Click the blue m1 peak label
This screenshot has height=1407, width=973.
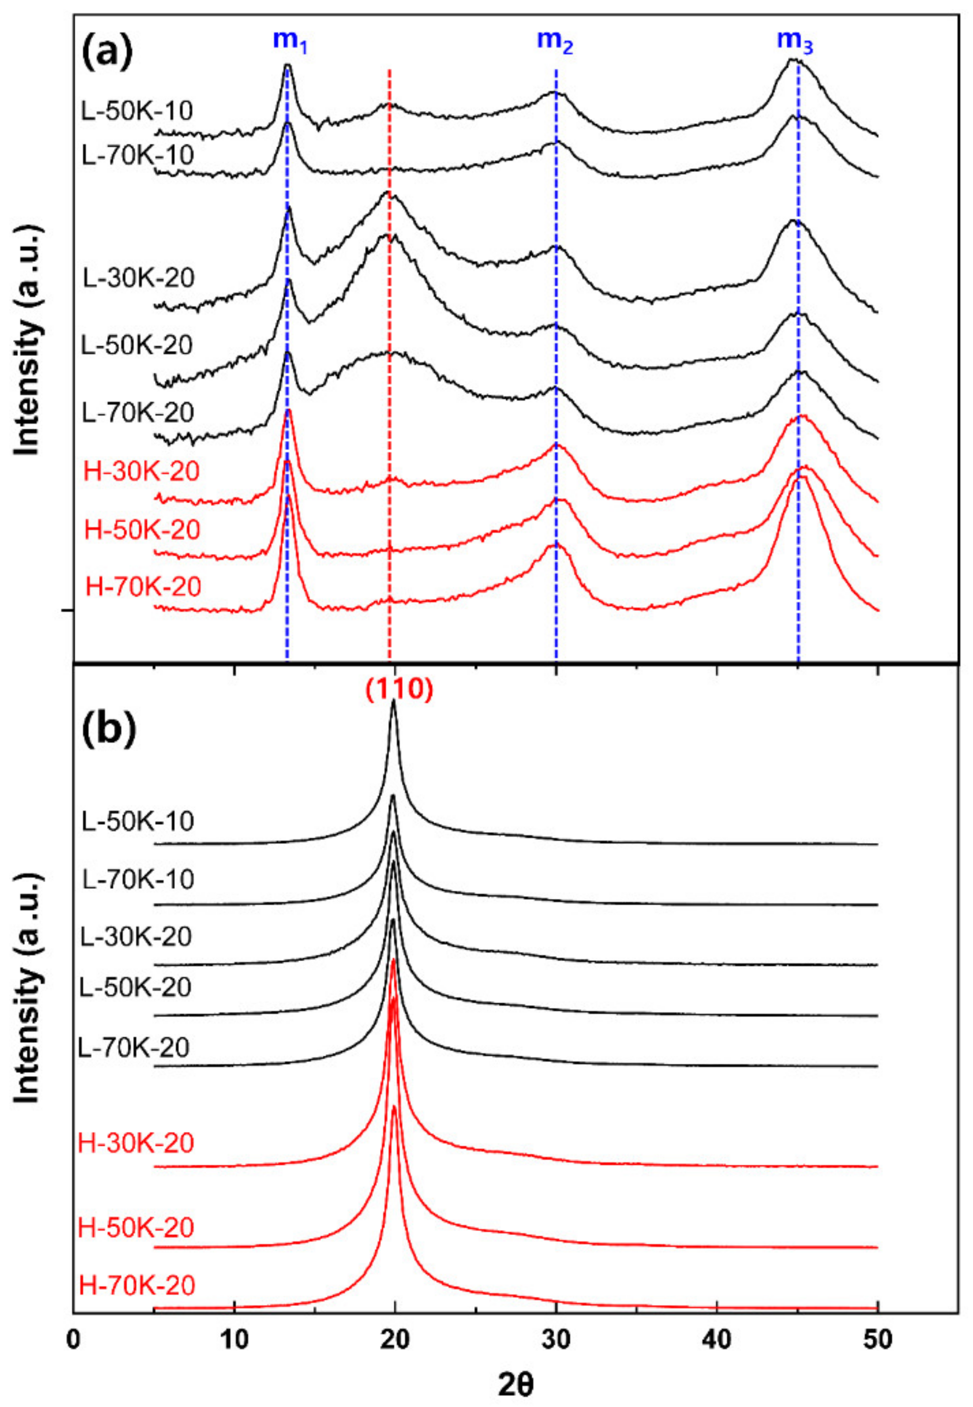[290, 41]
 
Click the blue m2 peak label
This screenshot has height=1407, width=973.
[554, 41]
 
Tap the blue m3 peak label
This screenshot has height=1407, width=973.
[794, 41]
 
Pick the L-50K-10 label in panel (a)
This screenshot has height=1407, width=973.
[137, 111]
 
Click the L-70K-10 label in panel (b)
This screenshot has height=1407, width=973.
[137, 879]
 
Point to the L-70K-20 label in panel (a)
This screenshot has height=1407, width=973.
[138, 413]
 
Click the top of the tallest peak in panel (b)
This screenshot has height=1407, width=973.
[394, 701]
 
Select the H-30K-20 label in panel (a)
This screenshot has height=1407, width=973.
[141, 472]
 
